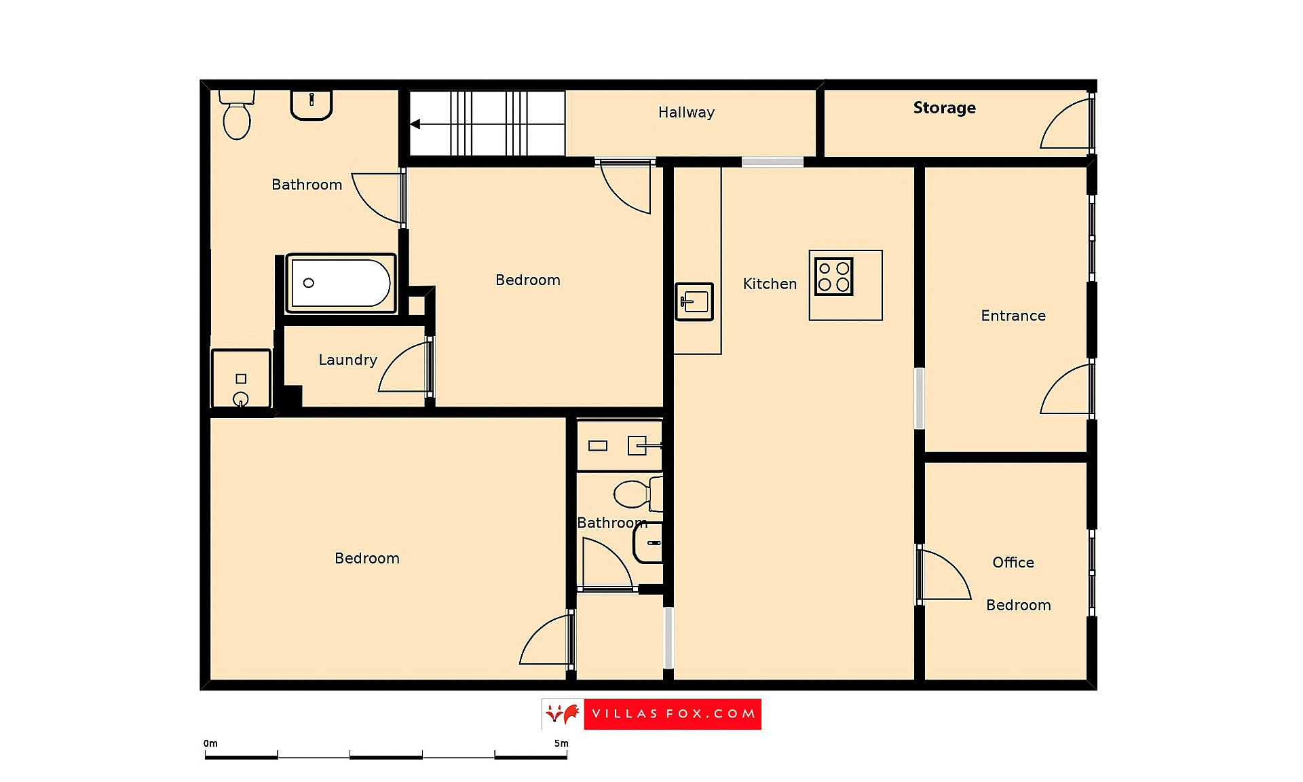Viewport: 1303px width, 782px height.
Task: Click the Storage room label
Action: [x=944, y=108]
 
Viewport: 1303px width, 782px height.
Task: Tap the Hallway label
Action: [x=686, y=113]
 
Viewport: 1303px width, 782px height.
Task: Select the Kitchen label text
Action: [x=770, y=284]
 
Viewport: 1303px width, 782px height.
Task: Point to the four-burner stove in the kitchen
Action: [x=833, y=276]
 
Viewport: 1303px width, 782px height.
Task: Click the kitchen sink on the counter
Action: [x=694, y=301]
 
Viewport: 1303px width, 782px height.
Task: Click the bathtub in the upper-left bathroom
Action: [x=341, y=283]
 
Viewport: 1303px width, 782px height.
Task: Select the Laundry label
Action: [x=347, y=360]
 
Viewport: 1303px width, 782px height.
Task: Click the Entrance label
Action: [x=1013, y=316]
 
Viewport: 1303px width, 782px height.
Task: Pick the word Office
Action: [x=1013, y=562]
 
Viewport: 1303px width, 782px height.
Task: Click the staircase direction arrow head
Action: [x=415, y=124]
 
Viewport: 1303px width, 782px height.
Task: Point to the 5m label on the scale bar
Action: [x=561, y=743]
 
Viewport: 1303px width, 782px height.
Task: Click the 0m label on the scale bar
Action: [x=210, y=743]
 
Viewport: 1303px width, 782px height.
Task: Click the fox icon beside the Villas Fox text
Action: [x=563, y=714]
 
